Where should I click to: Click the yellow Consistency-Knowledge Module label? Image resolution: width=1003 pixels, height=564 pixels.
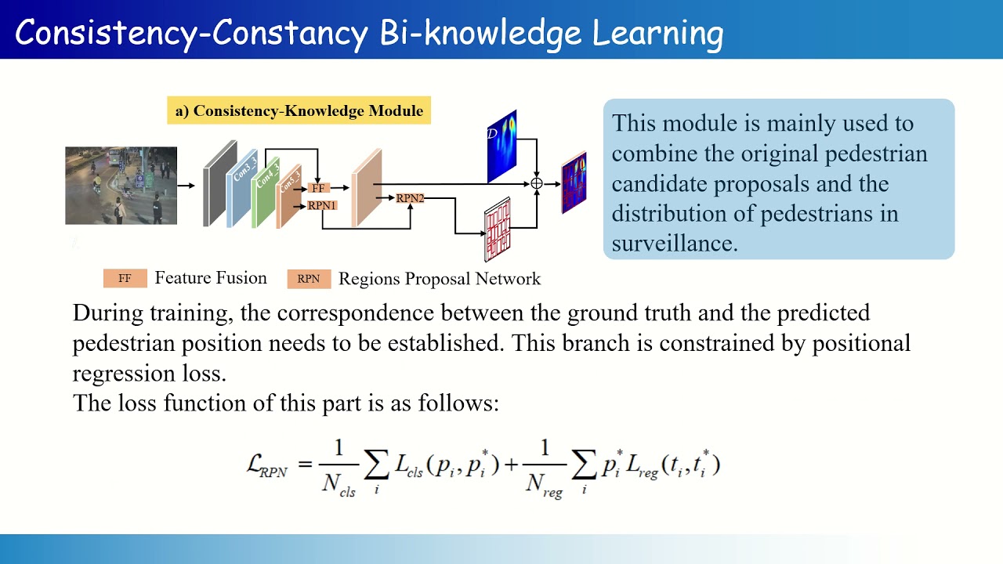pos(299,111)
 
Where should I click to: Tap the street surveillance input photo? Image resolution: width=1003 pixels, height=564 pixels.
pos(121,186)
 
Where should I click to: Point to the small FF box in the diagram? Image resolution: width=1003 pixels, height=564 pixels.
pos(318,189)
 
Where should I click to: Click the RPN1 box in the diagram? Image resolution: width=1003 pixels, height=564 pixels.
pos(322,205)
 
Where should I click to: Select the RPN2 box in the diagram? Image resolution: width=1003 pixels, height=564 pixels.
pos(410,199)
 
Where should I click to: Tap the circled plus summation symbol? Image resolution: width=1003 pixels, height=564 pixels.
pos(537,183)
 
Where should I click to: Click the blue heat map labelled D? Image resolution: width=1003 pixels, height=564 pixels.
pos(502,147)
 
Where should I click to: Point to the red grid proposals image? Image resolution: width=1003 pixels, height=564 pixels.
pos(498,230)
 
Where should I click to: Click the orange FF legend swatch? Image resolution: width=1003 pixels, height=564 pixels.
pos(125,278)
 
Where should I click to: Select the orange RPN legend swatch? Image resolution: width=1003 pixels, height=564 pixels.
pos(309,278)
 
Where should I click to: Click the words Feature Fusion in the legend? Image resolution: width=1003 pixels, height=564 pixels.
pos(211,278)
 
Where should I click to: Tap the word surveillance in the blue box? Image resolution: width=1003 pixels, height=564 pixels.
pos(675,244)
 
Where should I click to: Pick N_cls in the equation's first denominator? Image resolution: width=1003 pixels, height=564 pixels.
pos(339,485)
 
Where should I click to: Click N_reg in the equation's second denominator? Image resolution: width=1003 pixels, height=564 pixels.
pos(544,485)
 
